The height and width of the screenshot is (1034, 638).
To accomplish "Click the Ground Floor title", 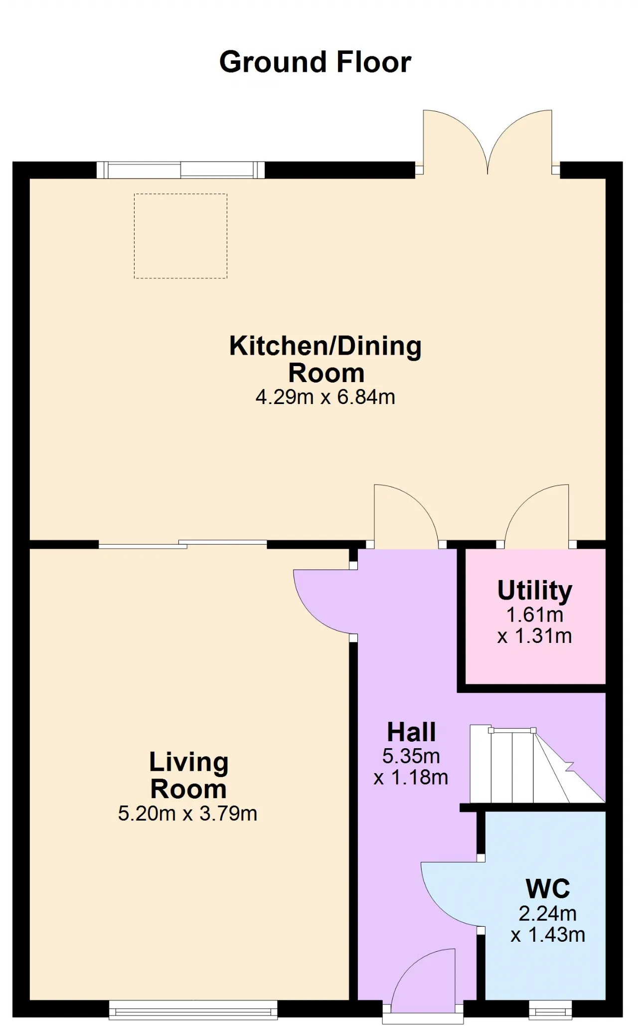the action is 315,62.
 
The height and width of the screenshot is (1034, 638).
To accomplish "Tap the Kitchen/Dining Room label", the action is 325,359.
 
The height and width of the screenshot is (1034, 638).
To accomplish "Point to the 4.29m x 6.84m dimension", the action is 325,397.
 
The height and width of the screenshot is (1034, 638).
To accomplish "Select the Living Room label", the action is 189,775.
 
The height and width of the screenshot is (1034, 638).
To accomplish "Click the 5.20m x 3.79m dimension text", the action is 187,814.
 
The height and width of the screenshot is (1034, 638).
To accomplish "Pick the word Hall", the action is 412,732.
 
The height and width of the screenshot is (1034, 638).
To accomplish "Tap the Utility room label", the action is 535,591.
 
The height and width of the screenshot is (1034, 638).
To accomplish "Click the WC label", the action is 548,888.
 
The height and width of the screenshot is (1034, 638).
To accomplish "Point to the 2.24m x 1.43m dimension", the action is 548,924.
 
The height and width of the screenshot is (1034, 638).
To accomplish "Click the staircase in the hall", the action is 537,764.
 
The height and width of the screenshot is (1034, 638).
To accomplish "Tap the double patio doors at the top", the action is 487,142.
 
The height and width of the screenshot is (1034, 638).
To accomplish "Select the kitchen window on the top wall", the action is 180,170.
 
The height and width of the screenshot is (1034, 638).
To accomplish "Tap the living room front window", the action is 193,1009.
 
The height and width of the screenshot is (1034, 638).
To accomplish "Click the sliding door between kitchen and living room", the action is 183,544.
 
